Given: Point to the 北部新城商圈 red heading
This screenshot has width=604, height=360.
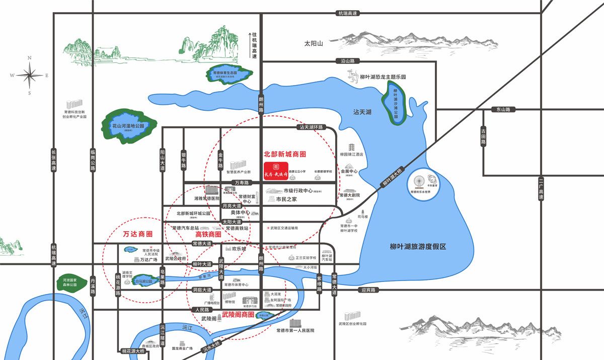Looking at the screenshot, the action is tap(285, 154).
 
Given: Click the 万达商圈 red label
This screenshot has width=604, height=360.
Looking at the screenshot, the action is tap(137, 234).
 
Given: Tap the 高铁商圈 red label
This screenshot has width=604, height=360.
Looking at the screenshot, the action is tap(208, 234).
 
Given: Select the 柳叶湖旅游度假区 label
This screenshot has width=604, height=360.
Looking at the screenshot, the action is tap(418, 247).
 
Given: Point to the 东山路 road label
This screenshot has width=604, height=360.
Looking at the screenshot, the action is tap(503, 109).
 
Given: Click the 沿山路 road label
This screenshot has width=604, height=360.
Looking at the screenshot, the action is tap(345, 61).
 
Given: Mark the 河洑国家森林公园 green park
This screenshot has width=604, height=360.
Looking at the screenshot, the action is tap(67, 283).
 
